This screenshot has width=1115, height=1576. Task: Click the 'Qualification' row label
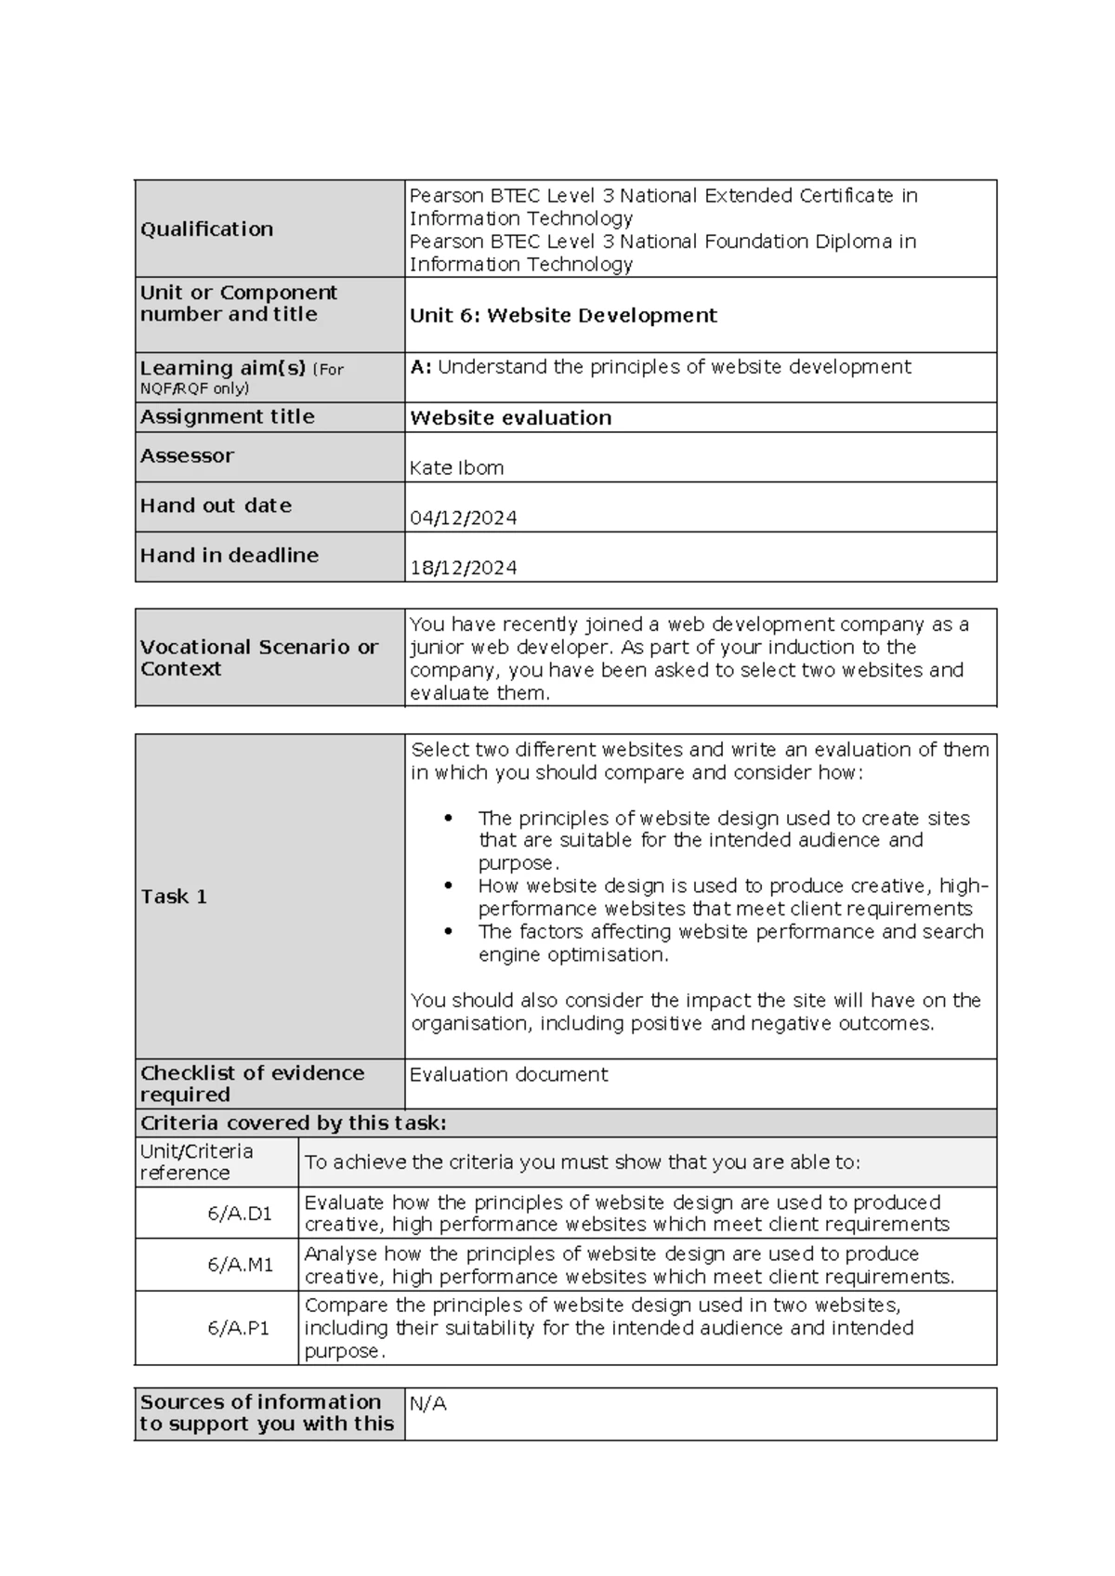click(x=206, y=230)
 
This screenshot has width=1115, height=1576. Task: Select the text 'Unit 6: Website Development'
click(x=563, y=316)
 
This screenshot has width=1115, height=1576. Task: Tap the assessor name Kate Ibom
click(x=456, y=468)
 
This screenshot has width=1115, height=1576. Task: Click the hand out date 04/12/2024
click(x=463, y=519)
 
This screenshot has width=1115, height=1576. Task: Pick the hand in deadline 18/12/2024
click(x=463, y=568)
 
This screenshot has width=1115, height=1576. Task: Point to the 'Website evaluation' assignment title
click(x=510, y=418)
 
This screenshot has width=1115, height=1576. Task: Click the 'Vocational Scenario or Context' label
click(x=258, y=658)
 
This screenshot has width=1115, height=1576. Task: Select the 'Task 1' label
click(x=174, y=897)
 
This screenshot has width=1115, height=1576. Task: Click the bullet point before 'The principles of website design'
click(x=448, y=819)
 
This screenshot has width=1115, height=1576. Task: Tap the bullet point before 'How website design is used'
click(x=448, y=886)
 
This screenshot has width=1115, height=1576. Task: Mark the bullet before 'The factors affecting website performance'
click(x=448, y=932)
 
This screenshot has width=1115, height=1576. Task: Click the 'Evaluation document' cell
click(x=508, y=1075)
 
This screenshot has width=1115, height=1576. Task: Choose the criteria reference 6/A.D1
click(x=240, y=1214)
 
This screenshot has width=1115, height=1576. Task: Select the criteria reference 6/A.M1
click(x=240, y=1266)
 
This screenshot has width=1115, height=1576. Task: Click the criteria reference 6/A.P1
click(x=239, y=1329)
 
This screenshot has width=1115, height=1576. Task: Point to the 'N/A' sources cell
click(x=427, y=1404)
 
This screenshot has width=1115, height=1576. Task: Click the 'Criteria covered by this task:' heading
click(x=293, y=1123)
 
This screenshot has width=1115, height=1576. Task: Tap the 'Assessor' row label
click(x=187, y=456)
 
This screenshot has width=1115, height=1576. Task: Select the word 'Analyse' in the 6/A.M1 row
click(x=340, y=1254)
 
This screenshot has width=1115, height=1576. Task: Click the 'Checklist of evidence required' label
click(x=251, y=1083)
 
